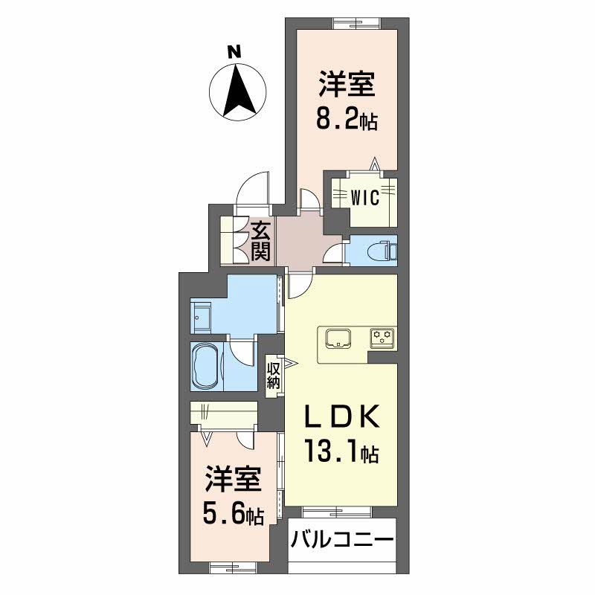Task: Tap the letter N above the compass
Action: (x=234, y=52)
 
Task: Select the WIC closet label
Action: (x=365, y=198)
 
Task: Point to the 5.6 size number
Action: (x=222, y=512)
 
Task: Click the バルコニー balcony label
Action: (x=341, y=538)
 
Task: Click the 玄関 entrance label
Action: (x=259, y=240)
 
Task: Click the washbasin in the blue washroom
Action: (x=202, y=316)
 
